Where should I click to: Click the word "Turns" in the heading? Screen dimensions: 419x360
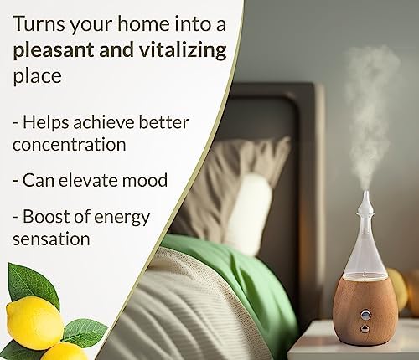pyautogui.click(x=39, y=24)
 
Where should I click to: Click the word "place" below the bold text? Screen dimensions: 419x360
pyautogui.click(x=37, y=76)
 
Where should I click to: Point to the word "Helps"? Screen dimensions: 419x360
pyautogui.click(x=46, y=123)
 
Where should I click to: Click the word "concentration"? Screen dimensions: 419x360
pyautogui.click(x=70, y=145)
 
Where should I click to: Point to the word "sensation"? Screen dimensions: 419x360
pyautogui.click(x=51, y=239)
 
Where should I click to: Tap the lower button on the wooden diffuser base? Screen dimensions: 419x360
pyautogui.click(x=364, y=329)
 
